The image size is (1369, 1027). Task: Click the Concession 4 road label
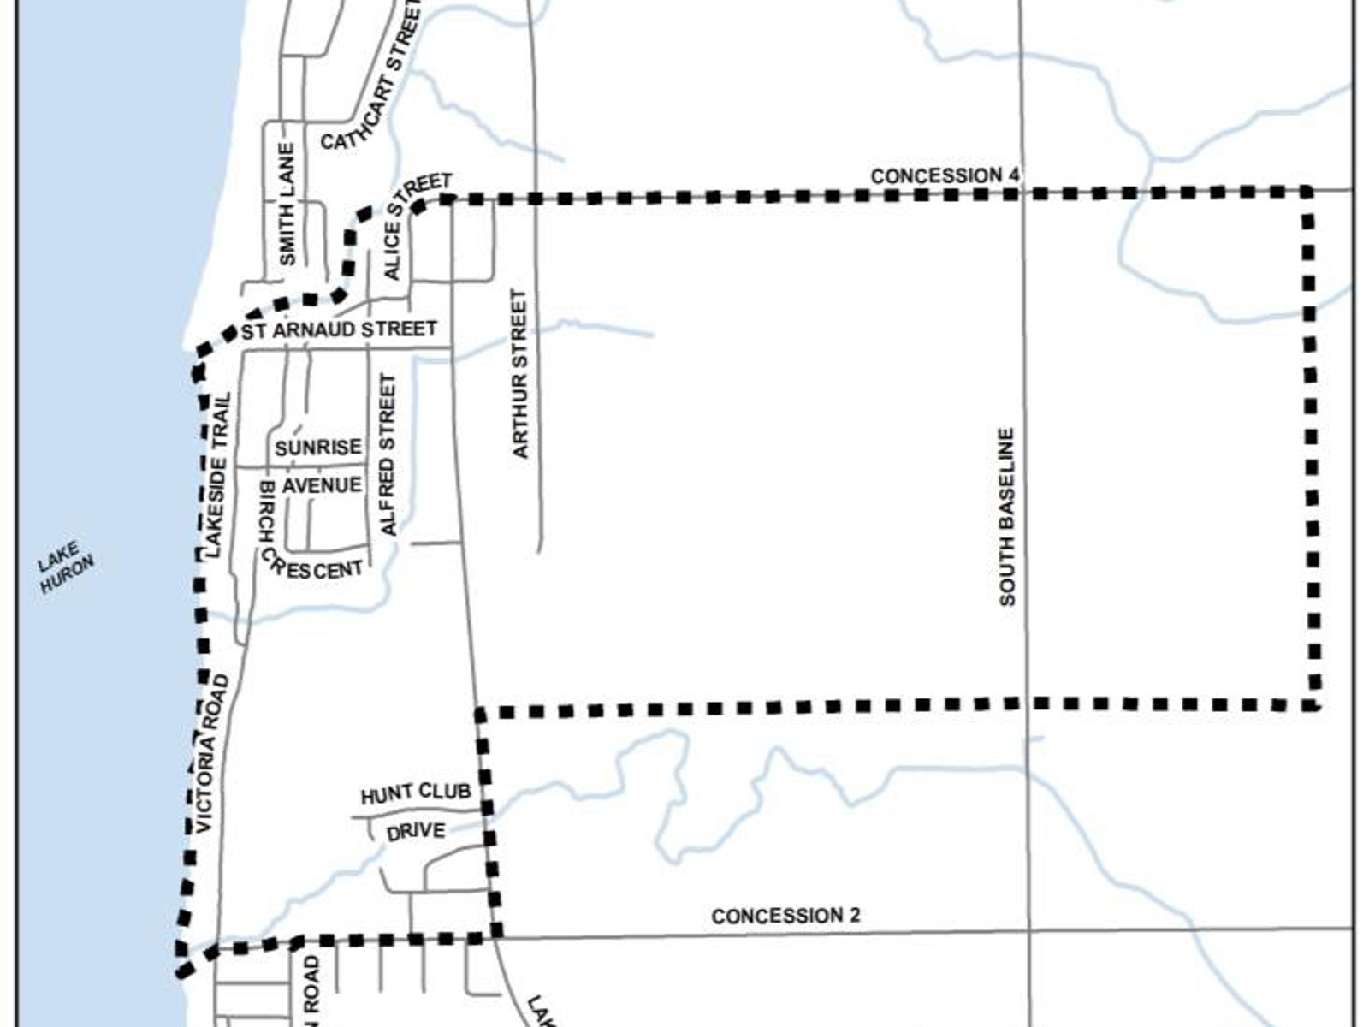pyautogui.click(x=945, y=175)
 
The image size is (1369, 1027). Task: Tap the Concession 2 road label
pyautogui.click(x=785, y=916)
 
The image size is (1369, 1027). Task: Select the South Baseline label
pyautogui.click(x=1007, y=518)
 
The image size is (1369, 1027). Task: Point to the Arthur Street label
pyautogui.click(x=520, y=373)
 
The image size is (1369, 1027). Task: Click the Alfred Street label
pyautogui.click(x=389, y=454)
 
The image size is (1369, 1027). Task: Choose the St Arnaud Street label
pyautogui.click(x=339, y=329)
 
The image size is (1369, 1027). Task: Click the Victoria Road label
pyautogui.click(x=213, y=753)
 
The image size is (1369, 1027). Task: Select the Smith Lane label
pyautogui.click(x=287, y=204)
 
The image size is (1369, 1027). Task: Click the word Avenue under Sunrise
pyautogui.click(x=322, y=485)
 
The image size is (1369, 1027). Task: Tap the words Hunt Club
pyautogui.click(x=416, y=793)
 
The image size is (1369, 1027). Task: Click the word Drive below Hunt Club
pyautogui.click(x=416, y=831)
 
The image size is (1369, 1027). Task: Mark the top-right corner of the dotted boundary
pyautogui.click(x=1306, y=192)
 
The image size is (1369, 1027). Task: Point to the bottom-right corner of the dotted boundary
pyautogui.click(x=1313, y=705)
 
